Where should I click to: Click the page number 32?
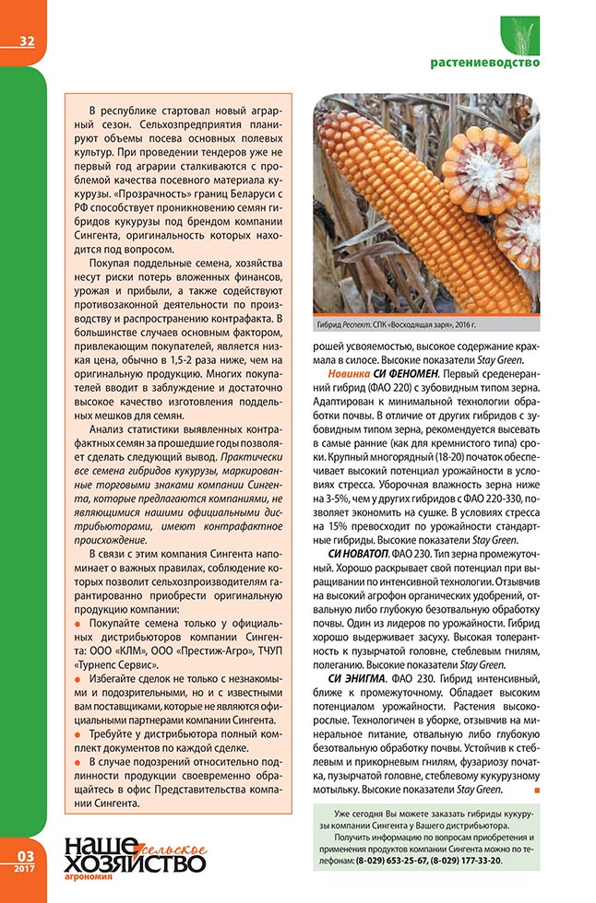25,40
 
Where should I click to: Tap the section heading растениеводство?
485,63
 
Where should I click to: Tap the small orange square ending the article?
536,790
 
